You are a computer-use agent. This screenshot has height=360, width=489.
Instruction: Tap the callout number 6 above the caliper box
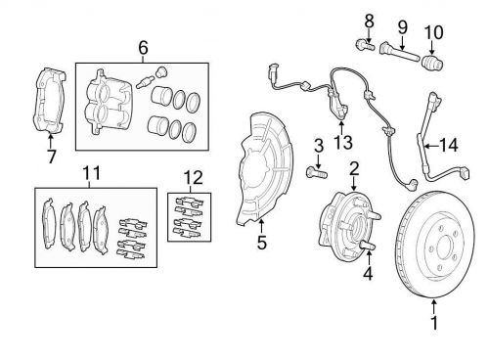click(x=143, y=48)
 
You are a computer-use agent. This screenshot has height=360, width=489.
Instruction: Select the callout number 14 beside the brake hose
click(x=448, y=145)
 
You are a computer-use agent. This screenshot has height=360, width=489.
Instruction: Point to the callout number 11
click(x=91, y=173)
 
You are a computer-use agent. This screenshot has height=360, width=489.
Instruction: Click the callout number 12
click(x=193, y=178)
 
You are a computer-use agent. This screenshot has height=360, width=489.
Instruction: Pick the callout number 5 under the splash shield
click(x=262, y=243)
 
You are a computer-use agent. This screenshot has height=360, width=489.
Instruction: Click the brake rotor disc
click(x=435, y=245)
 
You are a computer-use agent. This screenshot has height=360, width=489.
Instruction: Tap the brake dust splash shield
click(x=265, y=169)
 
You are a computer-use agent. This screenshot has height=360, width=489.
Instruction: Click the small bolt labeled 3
click(x=317, y=172)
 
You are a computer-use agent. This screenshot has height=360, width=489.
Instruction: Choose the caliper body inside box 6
click(x=109, y=102)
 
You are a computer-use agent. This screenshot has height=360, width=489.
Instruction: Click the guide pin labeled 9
click(x=399, y=52)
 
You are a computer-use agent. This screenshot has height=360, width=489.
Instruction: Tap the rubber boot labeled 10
click(x=432, y=62)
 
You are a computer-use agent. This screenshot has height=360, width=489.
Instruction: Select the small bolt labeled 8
click(x=364, y=45)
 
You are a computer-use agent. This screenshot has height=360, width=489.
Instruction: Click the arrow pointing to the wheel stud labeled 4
click(x=369, y=259)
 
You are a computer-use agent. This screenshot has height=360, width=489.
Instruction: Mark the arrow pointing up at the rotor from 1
click(x=434, y=307)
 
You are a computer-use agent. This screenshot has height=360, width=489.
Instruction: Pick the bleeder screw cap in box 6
click(x=160, y=71)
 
